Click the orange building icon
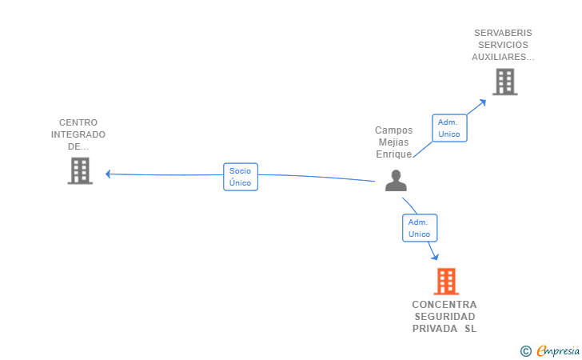coord(445,282)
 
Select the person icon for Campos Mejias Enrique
coord(396,181)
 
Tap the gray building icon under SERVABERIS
coord(504,82)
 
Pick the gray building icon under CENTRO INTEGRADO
coord(80,170)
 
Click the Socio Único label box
coord(240,177)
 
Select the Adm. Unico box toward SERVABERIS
coord(449,128)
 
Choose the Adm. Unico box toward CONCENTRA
coord(419,228)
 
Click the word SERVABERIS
coord(503,34)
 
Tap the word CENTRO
coord(78,123)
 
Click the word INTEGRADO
coord(78,135)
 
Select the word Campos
coord(394,130)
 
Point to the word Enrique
coord(394,154)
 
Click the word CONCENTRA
coord(444,305)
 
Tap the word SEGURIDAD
coord(444,317)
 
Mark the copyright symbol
coord(525,350)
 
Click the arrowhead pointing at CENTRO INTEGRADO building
coord(108,174)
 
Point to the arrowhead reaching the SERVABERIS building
coord(484,101)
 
